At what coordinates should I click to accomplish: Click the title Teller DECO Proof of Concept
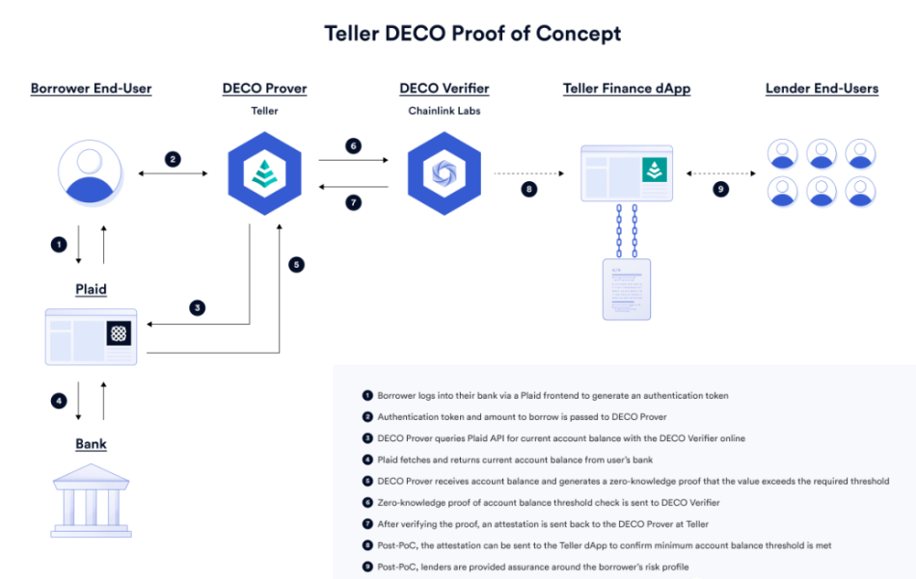click(x=472, y=33)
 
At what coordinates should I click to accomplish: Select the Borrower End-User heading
click(x=91, y=89)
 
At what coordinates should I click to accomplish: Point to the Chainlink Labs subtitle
click(x=444, y=111)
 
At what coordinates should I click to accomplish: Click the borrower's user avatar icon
click(x=92, y=173)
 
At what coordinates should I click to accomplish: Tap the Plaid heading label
click(x=91, y=289)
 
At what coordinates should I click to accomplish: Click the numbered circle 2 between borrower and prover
click(x=173, y=159)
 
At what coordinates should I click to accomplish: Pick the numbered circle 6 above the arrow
click(x=354, y=145)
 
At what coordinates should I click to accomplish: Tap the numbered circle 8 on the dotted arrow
click(x=528, y=189)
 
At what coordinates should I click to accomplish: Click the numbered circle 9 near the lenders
click(x=720, y=189)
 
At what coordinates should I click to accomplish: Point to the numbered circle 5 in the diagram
click(x=296, y=264)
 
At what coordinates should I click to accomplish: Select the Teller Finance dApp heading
click(x=627, y=89)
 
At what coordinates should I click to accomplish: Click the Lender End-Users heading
click(x=822, y=89)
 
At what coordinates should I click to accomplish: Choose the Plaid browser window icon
click(x=91, y=336)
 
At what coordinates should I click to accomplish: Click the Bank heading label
click(x=91, y=444)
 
